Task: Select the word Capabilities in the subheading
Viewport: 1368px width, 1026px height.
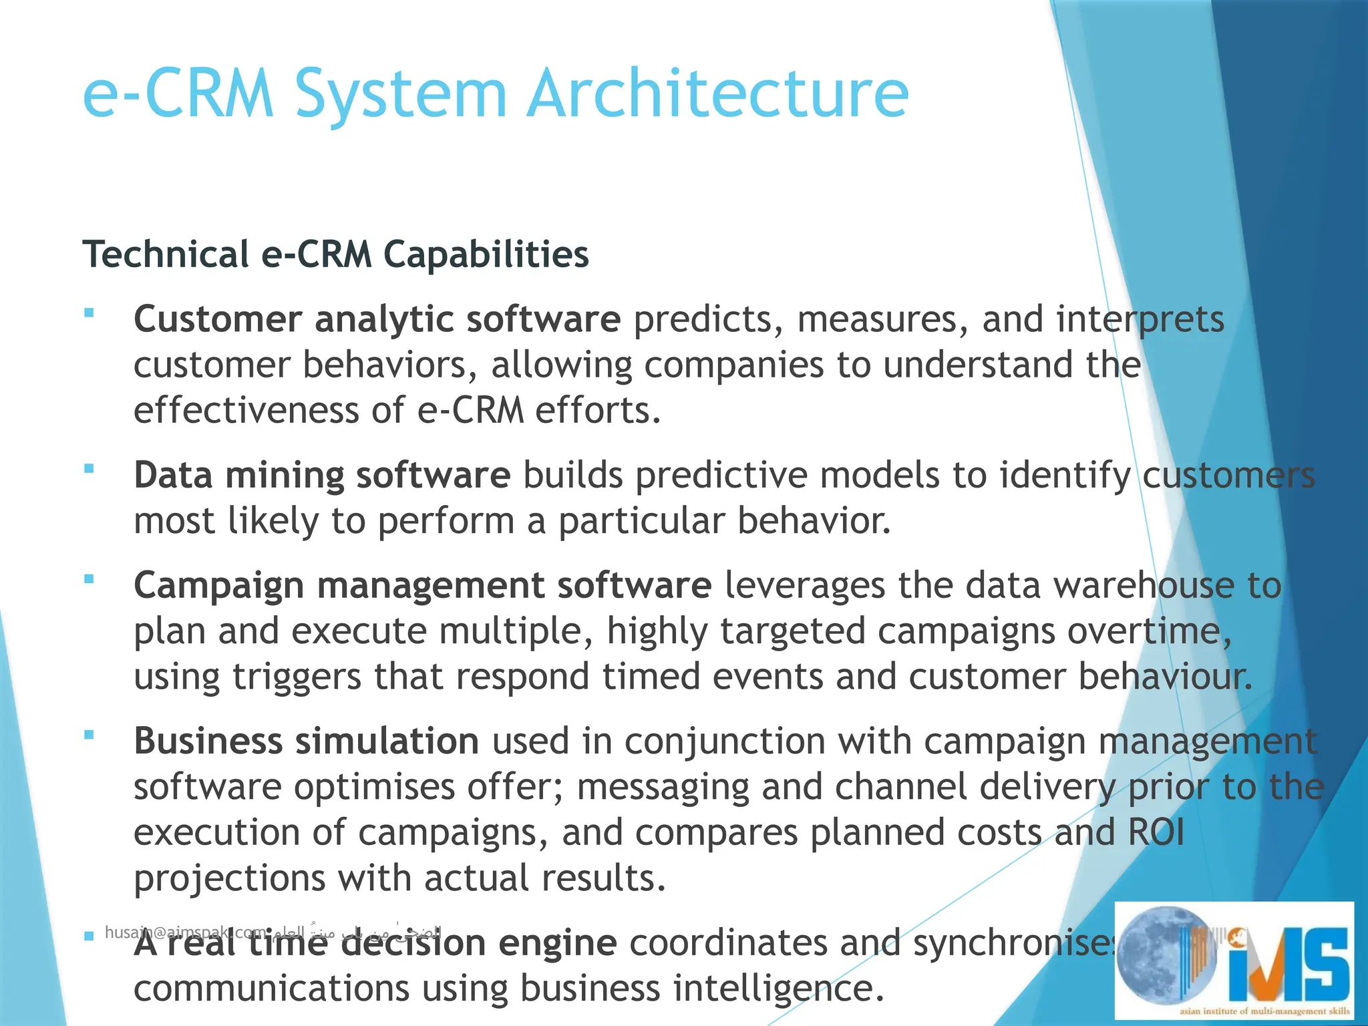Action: pos(487,254)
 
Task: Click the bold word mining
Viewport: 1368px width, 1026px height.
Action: pos(285,476)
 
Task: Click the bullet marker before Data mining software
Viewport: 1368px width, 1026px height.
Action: pos(89,469)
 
